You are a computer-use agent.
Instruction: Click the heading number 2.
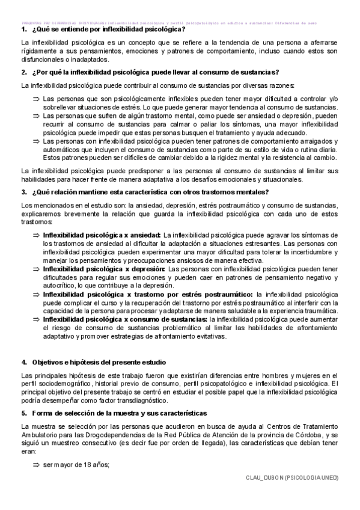coord(23,72)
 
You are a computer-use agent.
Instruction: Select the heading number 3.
coord(23,192)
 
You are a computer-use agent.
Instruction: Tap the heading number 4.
coord(23,362)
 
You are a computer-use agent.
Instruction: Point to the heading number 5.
coord(23,413)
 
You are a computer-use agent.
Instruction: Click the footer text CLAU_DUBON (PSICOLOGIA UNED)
coord(293,478)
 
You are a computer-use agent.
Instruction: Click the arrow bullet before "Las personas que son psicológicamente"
coord(36,99)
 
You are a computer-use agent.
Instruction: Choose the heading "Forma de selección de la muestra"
coord(120,413)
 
